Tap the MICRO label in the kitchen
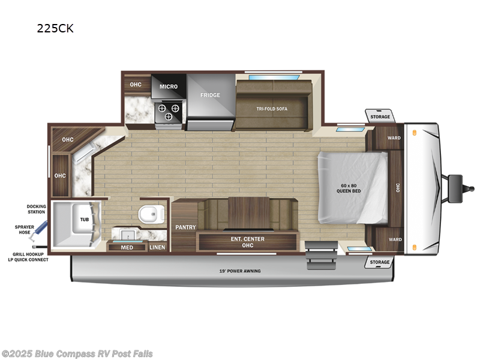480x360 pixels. coord(169,86)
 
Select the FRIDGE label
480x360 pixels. coord(210,95)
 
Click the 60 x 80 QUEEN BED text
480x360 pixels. coord(348,187)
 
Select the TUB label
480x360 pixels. coord(84,220)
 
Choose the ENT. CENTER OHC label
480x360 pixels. coord(248,242)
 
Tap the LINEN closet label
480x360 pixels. coord(157,247)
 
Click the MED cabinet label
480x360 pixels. coord(127,247)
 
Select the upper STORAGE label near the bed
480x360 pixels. coord(380,116)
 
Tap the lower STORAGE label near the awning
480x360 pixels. coord(380,262)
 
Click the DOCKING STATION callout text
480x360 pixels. coord(36,209)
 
